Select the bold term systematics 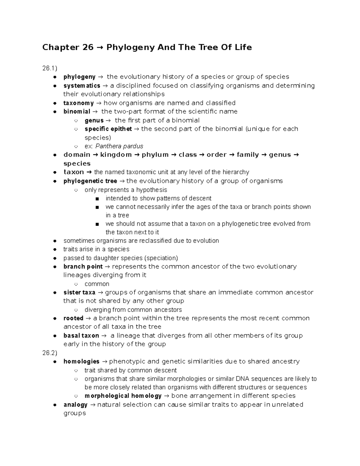[x=82, y=86]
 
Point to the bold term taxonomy [x=79, y=103]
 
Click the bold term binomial [x=77, y=112]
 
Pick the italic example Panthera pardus [x=119, y=146]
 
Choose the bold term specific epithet [x=108, y=129]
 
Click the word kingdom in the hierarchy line [x=116, y=155]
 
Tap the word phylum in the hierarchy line [x=155, y=155]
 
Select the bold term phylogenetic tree [x=90, y=181]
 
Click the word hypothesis [x=151, y=190]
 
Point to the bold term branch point [x=83, y=267]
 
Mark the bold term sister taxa [x=79, y=293]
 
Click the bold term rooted [x=73, y=318]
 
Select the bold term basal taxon [x=81, y=336]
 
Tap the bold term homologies [x=81, y=362]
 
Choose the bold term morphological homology [x=123, y=396]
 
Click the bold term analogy [x=75, y=405]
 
